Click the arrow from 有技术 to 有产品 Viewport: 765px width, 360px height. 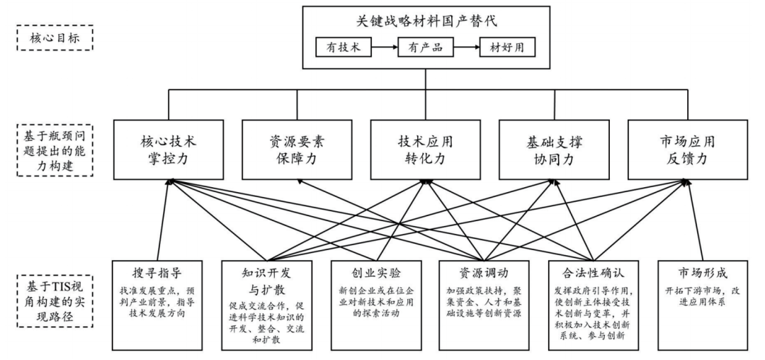click(385, 49)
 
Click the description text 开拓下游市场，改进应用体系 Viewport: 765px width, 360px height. click(702, 296)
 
